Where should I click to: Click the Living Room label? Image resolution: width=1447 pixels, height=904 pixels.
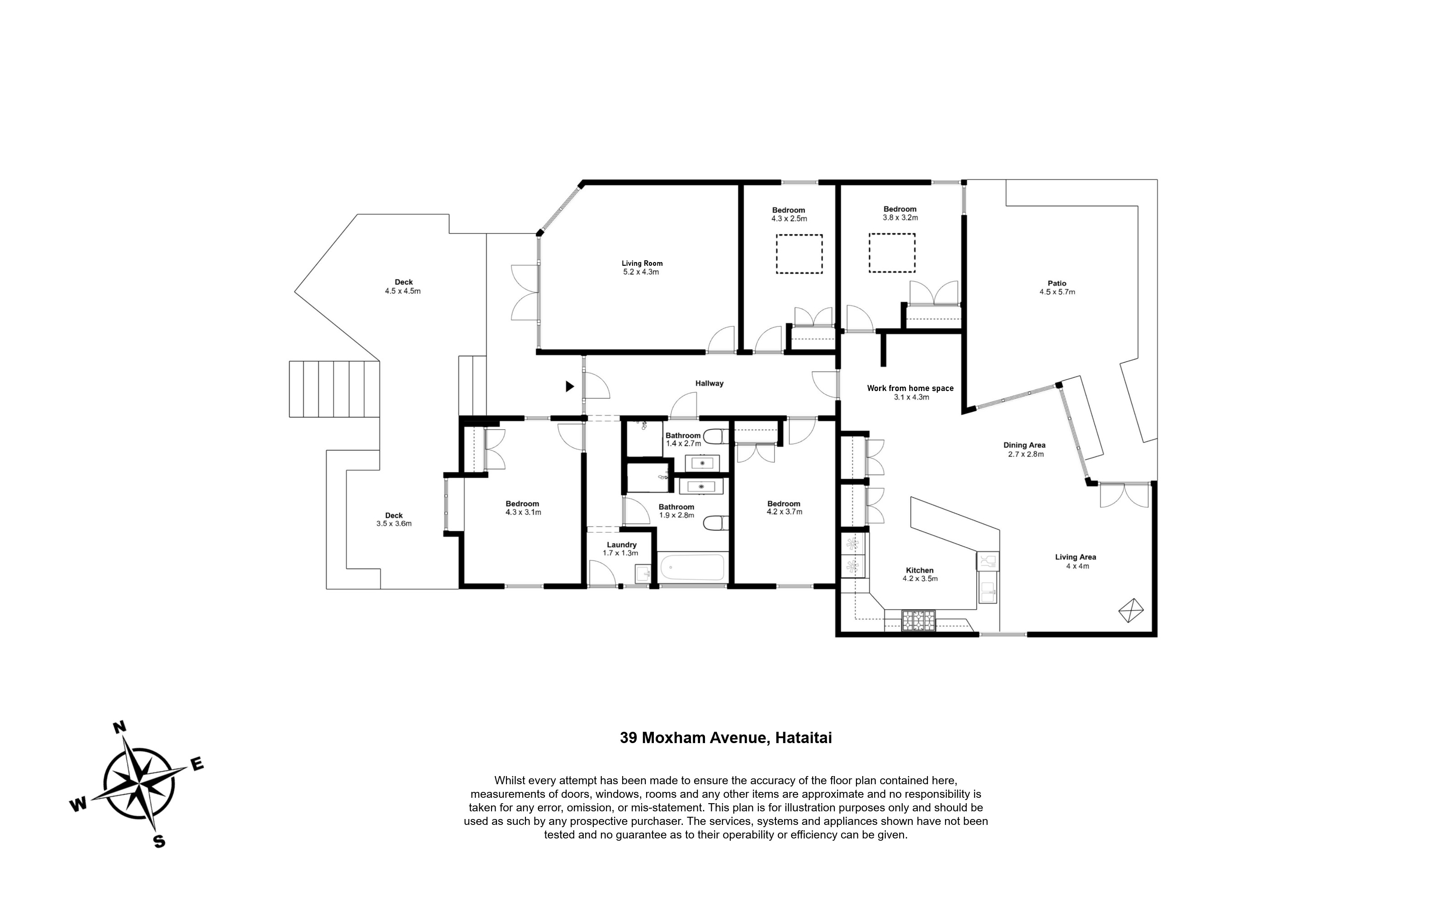642,263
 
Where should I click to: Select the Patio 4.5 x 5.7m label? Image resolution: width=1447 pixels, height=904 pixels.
1057,287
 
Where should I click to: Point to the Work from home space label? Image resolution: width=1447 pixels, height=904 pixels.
910,388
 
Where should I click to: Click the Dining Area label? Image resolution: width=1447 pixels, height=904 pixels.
1024,445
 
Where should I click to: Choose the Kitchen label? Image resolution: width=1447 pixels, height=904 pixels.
920,570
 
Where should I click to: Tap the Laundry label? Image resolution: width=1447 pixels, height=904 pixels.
621,545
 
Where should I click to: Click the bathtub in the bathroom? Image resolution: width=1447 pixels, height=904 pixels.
692,567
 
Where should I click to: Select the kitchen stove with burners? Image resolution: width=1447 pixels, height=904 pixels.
918,620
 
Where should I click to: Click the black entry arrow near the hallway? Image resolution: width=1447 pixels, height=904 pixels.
570,386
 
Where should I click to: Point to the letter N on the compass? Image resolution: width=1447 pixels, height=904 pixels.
119,728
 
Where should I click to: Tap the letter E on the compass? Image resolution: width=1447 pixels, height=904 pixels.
197,763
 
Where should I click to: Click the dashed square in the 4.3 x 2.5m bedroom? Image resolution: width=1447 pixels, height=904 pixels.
799,254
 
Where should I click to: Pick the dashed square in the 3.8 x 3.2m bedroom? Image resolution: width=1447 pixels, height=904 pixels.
892,253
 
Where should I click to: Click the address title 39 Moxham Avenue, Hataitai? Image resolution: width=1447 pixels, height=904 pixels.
726,738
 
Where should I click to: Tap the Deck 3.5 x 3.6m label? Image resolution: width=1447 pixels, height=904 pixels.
394,519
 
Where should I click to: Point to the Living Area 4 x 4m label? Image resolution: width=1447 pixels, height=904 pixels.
1076,561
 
